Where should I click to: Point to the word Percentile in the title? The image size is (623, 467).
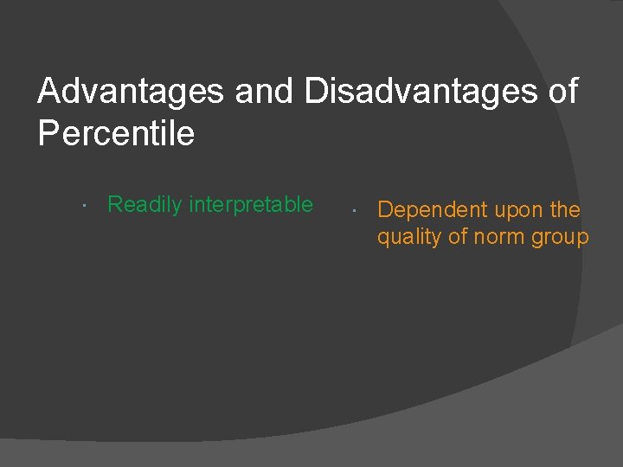(x=116, y=133)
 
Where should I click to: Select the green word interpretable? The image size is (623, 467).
(x=251, y=205)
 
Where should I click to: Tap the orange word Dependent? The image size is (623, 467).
(x=433, y=210)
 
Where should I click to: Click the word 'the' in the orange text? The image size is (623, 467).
(x=565, y=210)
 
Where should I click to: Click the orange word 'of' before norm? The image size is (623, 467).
(x=458, y=237)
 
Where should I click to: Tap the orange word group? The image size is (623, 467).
(x=562, y=238)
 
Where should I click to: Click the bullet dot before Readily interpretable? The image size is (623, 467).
(x=81, y=207)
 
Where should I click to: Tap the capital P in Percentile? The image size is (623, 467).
(x=48, y=133)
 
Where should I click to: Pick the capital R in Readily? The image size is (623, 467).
(x=114, y=205)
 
